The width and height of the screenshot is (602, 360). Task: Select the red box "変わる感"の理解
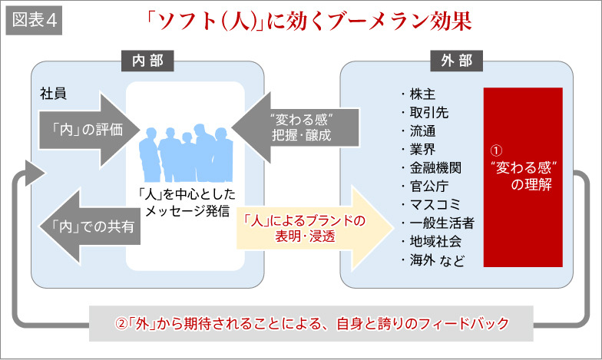(x=522, y=177)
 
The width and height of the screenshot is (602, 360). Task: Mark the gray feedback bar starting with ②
(x=311, y=323)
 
